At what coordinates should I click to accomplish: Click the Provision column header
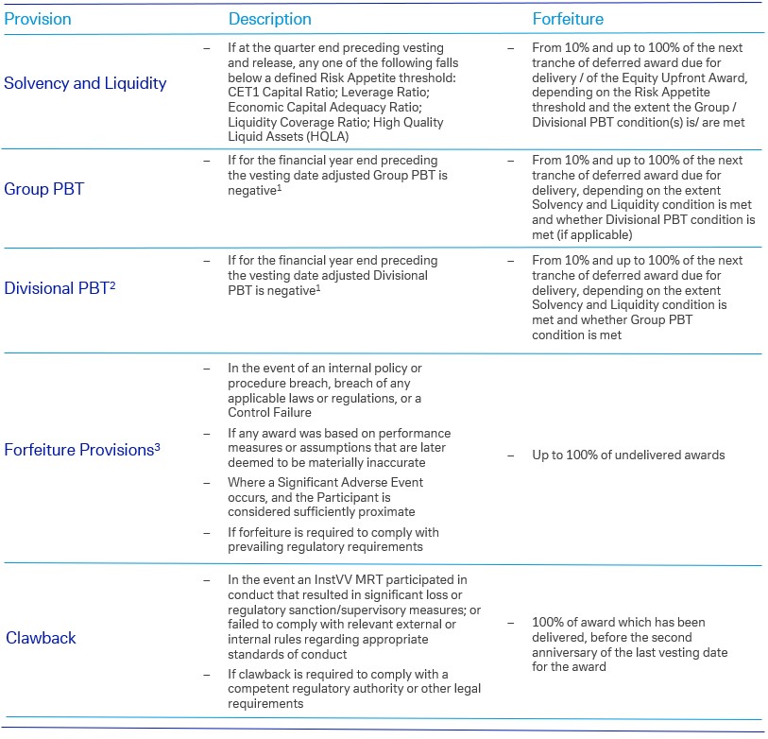tap(37, 19)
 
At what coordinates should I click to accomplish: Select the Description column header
tap(269, 19)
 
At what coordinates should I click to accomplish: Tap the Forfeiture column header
tap(567, 19)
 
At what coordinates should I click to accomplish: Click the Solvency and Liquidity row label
tap(85, 83)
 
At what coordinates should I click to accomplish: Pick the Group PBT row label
tap(44, 189)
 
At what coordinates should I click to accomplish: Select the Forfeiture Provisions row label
tap(82, 450)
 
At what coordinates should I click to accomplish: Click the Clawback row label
tap(41, 638)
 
